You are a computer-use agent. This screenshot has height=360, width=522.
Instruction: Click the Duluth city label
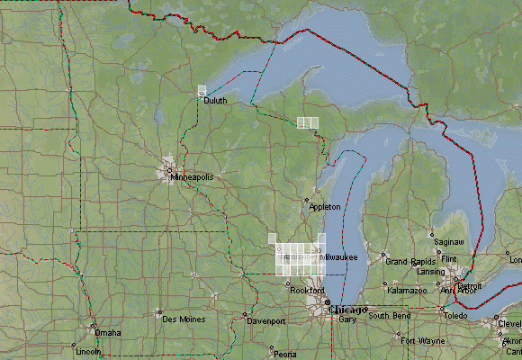(215, 101)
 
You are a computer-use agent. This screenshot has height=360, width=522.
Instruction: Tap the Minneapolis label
(193, 177)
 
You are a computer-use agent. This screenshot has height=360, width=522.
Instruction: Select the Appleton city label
(325, 207)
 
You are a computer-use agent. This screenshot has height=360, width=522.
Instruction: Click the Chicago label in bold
(348, 310)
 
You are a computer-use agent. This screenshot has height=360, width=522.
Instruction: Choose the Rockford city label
(307, 290)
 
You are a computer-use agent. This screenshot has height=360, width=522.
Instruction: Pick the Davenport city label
(266, 321)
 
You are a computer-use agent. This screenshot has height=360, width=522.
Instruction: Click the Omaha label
(108, 332)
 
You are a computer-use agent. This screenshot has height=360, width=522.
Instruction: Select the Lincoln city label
(89, 351)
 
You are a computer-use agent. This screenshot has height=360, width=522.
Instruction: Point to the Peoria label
(285, 354)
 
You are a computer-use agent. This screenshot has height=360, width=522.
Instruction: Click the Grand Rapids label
(410, 261)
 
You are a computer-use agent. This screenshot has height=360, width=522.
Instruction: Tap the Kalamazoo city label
(408, 291)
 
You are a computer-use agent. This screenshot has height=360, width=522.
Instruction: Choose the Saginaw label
(448, 242)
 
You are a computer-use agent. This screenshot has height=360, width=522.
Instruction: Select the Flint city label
(450, 258)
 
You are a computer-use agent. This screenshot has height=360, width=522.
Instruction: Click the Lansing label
(430, 272)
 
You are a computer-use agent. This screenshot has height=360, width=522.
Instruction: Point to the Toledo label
(455, 316)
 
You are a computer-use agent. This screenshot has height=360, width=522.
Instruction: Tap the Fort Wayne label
(422, 341)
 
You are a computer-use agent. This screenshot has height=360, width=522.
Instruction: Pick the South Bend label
(389, 316)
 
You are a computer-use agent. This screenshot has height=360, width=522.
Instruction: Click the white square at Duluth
(202, 91)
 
